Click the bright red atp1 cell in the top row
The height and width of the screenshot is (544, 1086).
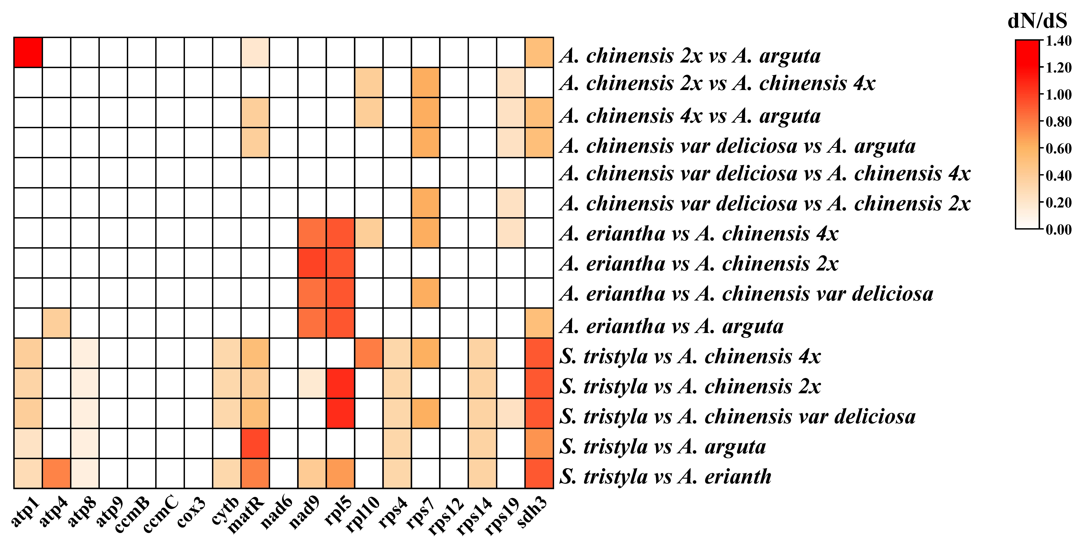coord(28,52)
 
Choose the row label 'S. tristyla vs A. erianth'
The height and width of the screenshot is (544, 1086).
coord(665,476)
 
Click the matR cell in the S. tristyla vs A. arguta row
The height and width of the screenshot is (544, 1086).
coord(255,443)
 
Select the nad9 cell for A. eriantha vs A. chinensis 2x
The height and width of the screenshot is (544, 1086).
coord(312,263)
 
